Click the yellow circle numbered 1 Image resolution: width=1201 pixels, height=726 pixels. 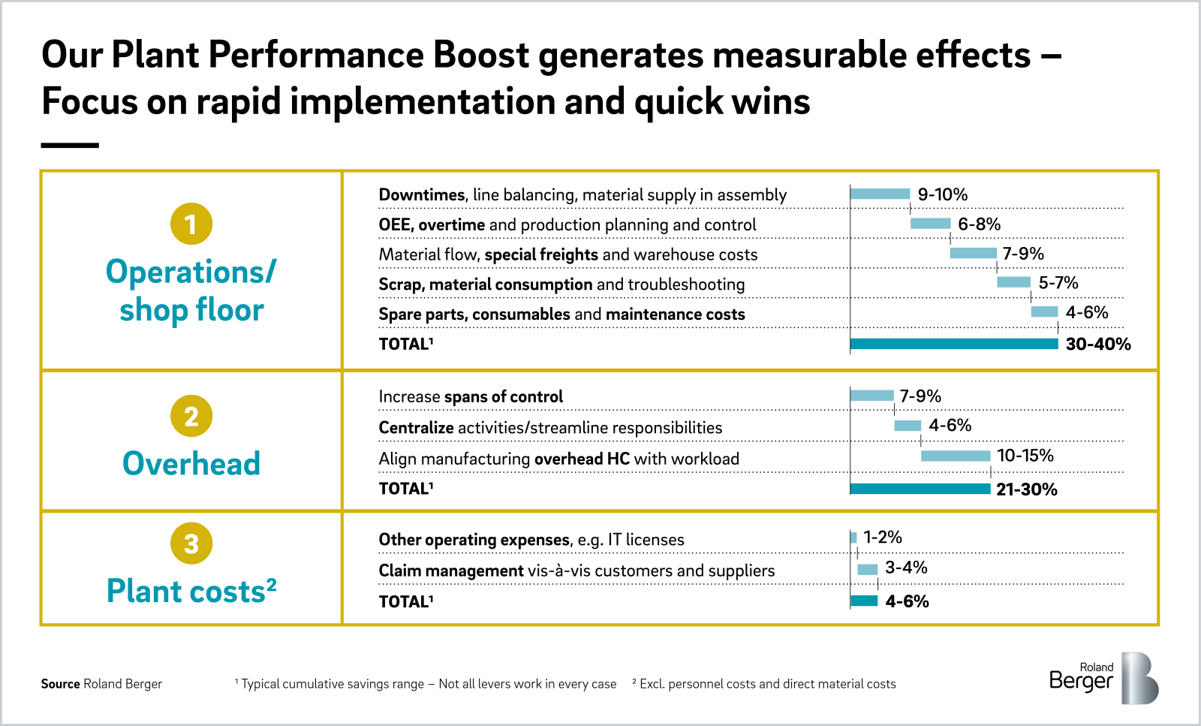(x=191, y=224)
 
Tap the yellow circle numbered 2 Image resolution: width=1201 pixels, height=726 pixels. (x=191, y=416)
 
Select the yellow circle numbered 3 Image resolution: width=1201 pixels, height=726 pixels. (x=191, y=543)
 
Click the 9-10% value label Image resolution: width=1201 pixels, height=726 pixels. (x=942, y=194)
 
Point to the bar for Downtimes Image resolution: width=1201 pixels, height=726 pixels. (x=880, y=194)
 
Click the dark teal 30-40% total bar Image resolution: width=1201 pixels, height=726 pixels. (x=953, y=344)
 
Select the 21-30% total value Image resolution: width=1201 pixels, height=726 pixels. (x=1026, y=490)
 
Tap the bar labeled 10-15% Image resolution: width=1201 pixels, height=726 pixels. (x=955, y=456)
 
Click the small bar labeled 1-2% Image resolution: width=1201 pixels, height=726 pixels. (x=853, y=538)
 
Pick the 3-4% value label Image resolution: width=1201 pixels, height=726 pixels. (x=906, y=568)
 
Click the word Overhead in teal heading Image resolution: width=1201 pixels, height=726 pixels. (x=191, y=463)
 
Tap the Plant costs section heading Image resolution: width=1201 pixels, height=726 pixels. (x=191, y=591)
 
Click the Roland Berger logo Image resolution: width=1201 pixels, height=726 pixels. (x=1103, y=678)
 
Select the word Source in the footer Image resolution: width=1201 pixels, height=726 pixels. (x=60, y=684)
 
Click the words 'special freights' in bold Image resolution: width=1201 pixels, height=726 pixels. (x=541, y=255)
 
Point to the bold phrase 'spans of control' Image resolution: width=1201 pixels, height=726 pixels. (x=503, y=396)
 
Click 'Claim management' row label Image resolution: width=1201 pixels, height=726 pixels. (x=450, y=571)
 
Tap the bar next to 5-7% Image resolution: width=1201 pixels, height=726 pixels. (x=1013, y=282)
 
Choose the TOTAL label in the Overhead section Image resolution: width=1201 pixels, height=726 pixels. (x=405, y=489)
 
